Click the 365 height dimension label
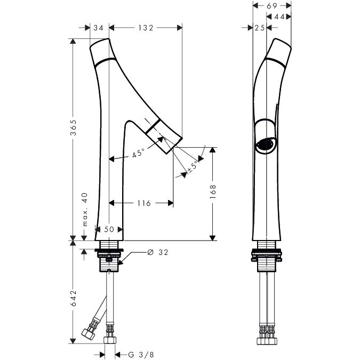coord(73,127)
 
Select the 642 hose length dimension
coord(73,298)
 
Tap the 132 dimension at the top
coord(146,28)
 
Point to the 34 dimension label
coord(98,28)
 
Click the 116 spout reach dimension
coord(144,203)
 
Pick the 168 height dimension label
coord(213,191)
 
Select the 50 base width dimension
coord(109,229)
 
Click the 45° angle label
coord(138,153)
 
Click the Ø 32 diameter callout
coord(158,252)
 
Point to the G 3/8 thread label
coord(141,355)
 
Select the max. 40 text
coord(85,210)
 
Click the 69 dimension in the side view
coord(272,6)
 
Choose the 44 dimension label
coord(279,17)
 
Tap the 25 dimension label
coord(260,28)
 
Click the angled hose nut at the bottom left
coord(89,334)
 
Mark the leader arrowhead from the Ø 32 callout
coord(121,262)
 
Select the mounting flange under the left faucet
coord(109,250)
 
